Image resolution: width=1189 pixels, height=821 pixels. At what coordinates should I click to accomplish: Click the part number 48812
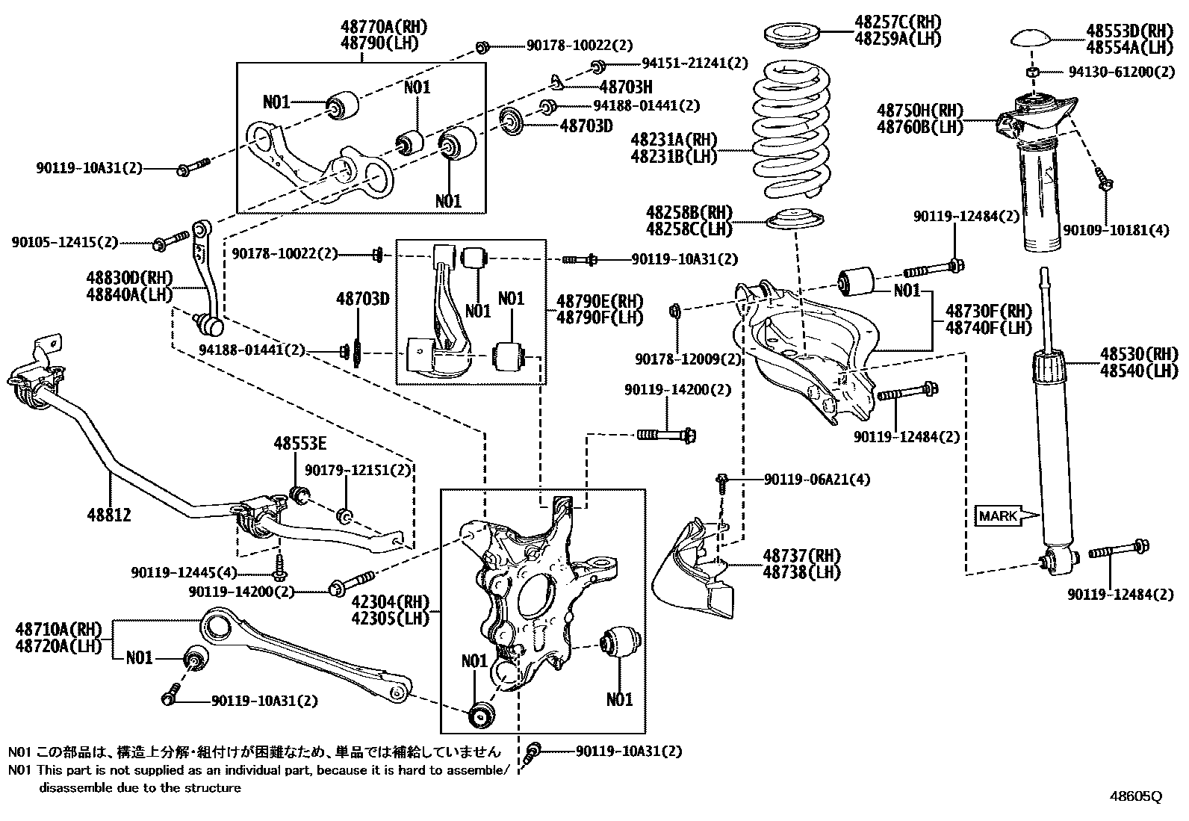pos(109,515)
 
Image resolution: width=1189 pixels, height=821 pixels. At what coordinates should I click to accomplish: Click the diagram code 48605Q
pos(1135,796)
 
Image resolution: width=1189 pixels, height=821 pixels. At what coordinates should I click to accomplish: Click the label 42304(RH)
pos(401,602)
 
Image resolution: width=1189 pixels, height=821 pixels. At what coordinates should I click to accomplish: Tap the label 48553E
pos(299,443)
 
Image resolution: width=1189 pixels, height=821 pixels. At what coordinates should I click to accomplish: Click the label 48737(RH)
pos(801,555)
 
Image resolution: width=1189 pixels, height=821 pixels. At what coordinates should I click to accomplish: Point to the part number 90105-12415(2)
pos(65,242)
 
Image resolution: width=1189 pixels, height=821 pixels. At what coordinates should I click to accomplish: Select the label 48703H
pos(626,87)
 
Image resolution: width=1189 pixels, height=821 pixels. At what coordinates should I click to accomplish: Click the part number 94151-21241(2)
pos(695,63)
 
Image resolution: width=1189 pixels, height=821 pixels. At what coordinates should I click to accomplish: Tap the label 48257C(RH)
pos(898,21)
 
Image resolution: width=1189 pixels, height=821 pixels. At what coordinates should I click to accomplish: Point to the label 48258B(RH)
pos(689,212)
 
